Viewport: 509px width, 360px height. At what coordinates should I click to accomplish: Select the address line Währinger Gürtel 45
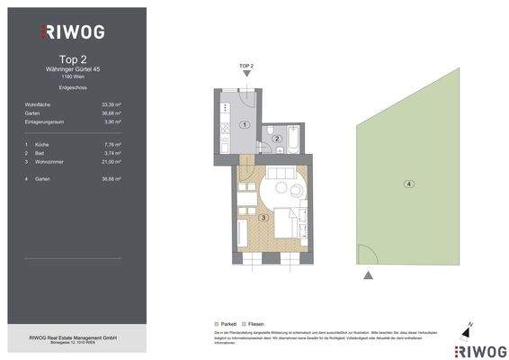(x=73, y=68)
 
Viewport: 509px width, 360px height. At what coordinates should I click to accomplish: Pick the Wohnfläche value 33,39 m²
(x=111, y=105)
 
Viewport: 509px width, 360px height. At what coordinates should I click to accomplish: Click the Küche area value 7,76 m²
(x=111, y=144)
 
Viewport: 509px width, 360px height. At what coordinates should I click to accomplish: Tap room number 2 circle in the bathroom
(x=278, y=139)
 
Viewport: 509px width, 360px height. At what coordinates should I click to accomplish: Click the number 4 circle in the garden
(x=408, y=184)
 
